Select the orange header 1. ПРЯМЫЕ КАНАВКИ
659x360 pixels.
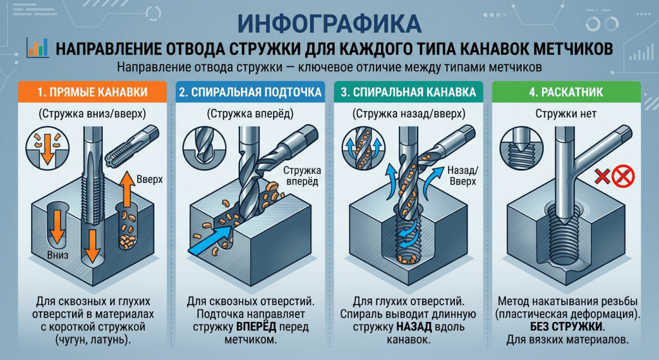tap(90, 92)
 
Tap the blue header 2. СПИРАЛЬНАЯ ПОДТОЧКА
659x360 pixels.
tap(250, 92)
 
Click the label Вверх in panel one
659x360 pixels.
tap(150, 178)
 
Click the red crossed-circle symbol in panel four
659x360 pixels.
tap(621, 176)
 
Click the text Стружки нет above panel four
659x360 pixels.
tap(567, 114)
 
